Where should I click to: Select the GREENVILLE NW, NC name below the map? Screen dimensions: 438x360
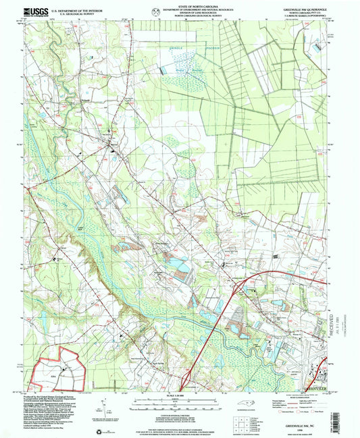pyautogui.click(x=312, y=418)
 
